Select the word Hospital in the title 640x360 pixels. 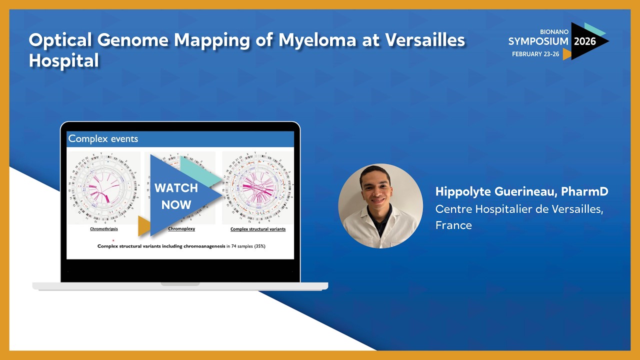(x=64, y=61)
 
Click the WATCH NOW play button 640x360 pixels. (x=177, y=195)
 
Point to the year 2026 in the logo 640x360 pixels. (x=584, y=41)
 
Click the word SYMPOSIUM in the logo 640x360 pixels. (x=538, y=41)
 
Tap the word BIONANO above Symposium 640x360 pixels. (x=554, y=31)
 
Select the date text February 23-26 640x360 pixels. (x=535, y=54)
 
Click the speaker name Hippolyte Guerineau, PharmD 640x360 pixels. (x=521, y=191)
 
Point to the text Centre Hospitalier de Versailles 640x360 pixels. (x=519, y=209)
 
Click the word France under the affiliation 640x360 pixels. (x=453, y=225)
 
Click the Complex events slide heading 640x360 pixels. (x=103, y=139)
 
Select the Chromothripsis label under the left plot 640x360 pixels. (x=104, y=229)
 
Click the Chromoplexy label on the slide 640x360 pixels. (x=181, y=229)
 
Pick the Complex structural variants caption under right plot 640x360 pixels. (x=257, y=229)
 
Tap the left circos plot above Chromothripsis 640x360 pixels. (x=104, y=188)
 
